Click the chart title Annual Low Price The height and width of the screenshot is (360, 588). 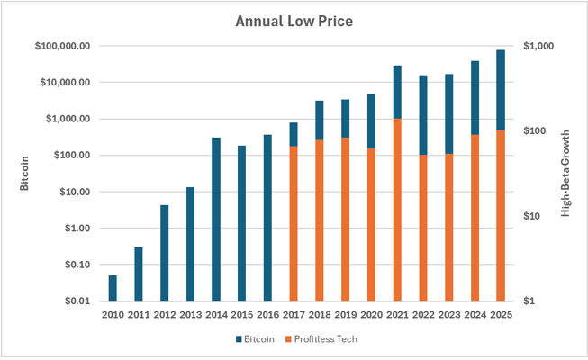(x=294, y=20)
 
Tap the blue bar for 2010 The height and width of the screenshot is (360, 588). (x=113, y=288)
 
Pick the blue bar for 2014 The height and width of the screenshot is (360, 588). (x=216, y=219)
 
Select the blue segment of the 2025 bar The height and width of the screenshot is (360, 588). (x=501, y=90)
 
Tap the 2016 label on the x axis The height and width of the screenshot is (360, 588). (x=267, y=315)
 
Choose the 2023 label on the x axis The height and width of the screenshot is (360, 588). (x=448, y=315)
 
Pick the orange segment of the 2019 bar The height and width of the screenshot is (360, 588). (x=345, y=220)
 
